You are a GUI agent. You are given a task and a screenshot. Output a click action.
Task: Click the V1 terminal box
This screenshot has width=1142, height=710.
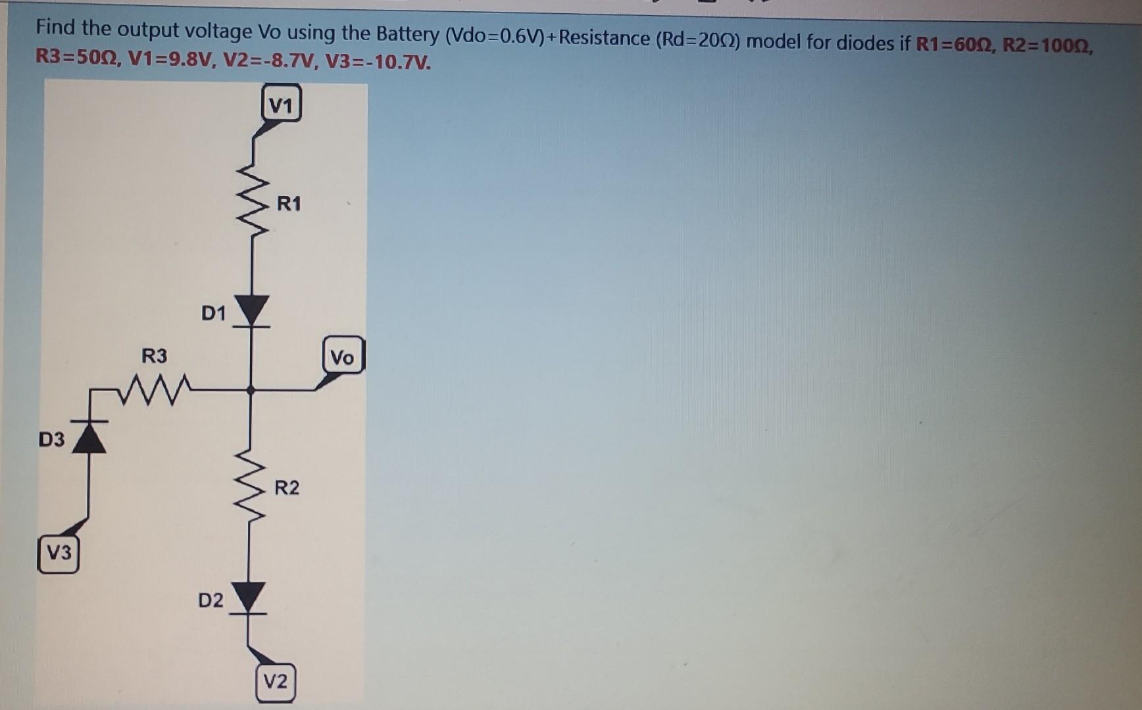[x=281, y=104]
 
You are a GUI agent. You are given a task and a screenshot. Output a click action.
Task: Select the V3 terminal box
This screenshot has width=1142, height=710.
[x=59, y=553]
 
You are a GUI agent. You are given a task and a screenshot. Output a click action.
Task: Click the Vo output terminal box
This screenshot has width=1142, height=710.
[x=342, y=356]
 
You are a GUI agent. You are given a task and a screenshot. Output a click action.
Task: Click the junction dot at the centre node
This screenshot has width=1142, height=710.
[x=250, y=390]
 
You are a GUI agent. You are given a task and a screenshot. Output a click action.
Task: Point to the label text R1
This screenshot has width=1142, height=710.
[x=289, y=204]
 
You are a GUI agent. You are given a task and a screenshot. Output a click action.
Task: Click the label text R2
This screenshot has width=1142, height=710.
[x=287, y=488]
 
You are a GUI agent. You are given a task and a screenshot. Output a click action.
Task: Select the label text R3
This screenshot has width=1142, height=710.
[x=155, y=356]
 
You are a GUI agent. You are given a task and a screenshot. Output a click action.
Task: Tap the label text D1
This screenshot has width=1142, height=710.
[x=213, y=313]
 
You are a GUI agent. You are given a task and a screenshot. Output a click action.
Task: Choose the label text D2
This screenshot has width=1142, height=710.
[x=211, y=600]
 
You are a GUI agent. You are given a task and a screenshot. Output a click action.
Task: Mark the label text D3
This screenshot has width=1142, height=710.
[x=51, y=439]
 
